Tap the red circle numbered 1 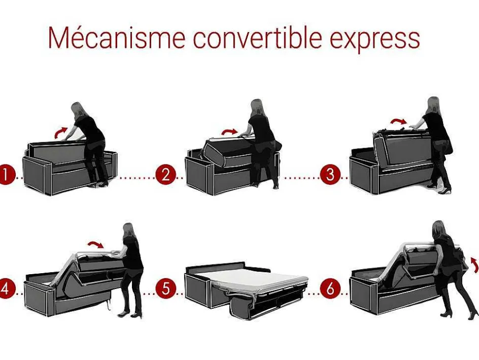pos(5,175)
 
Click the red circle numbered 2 pos(165,175)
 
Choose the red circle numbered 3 pos(330,175)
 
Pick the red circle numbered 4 pos(5,288)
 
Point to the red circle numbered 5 pos(165,288)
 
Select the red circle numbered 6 pos(330,288)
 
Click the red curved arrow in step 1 pos(61,132)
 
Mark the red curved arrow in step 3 pos(398,121)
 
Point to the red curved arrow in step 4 pos(95,244)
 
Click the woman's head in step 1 pos(77,109)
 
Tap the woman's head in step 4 pos(128,231)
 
